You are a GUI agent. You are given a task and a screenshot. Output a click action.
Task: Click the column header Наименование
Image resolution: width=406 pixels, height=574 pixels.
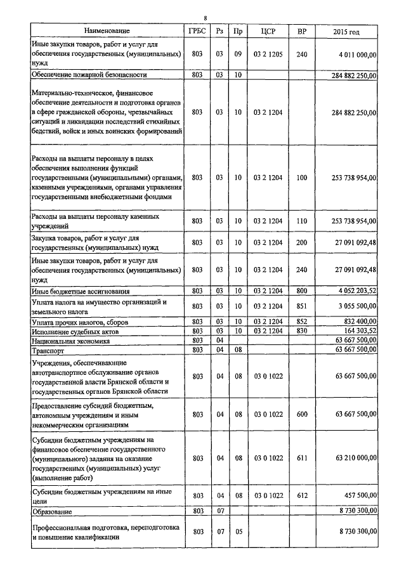pyautogui.click(x=105, y=30)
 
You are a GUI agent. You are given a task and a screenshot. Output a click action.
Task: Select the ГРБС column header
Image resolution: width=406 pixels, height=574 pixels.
pyautogui.click(x=197, y=30)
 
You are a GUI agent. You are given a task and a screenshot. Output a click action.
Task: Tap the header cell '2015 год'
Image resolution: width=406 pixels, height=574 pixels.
pyautogui.click(x=346, y=30)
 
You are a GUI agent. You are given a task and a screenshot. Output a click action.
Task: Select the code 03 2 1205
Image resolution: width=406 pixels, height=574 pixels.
pyautogui.click(x=267, y=55)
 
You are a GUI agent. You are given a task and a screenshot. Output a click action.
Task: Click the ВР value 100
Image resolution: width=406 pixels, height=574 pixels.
pyautogui.click(x=301, y=178)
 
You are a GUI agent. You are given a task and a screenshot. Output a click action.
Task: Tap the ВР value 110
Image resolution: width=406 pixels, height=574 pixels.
pyautogui.click(x=301, y=221)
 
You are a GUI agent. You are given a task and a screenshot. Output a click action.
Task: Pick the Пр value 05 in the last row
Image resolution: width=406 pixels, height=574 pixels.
pyautogui.click(x=238, y=532)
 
